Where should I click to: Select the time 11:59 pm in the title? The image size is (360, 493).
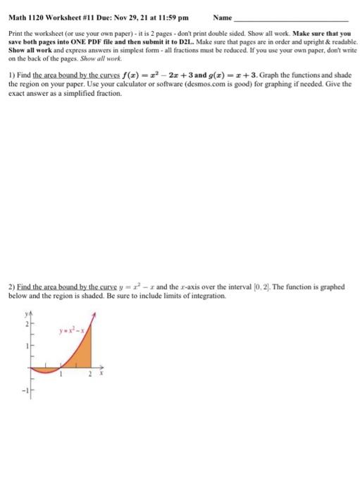point(163,16)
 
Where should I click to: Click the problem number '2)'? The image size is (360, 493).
point(11,287)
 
